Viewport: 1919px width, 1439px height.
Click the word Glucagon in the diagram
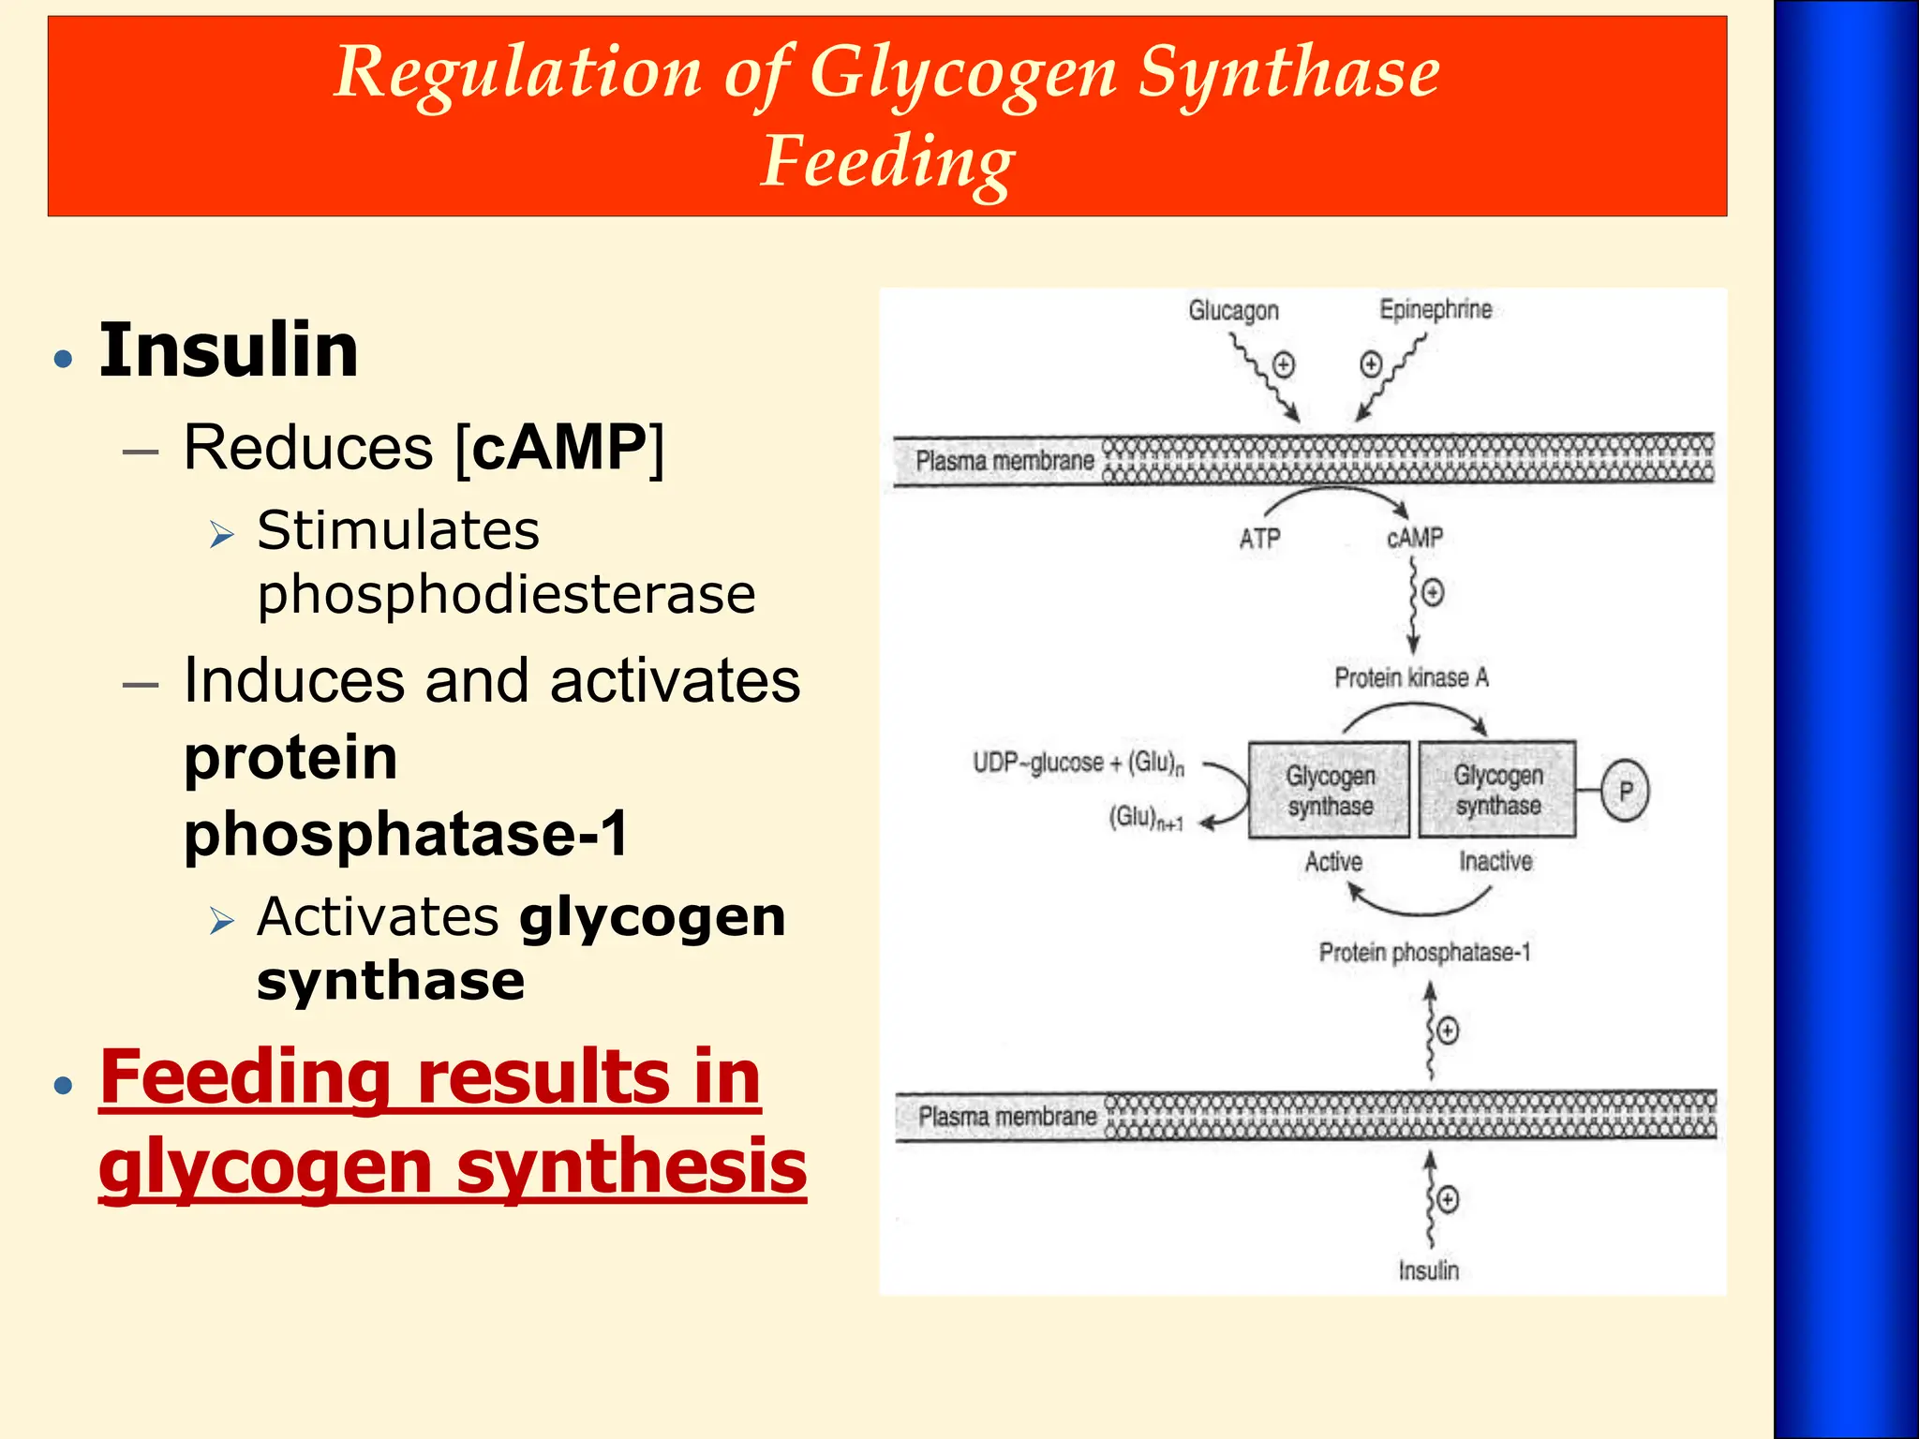point(1233,310)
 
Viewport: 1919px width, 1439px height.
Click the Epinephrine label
point(1436,309)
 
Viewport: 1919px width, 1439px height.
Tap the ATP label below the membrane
point(1259,539)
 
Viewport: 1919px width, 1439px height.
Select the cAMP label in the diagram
point(1414,538)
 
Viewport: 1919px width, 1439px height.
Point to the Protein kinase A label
point(1411,677)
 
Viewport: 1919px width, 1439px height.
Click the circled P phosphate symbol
point(1625,791)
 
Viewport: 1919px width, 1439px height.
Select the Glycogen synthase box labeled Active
point(1330,790)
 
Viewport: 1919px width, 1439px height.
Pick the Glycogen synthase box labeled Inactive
point(1497,790)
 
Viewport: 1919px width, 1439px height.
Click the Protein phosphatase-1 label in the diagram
point(1424,953)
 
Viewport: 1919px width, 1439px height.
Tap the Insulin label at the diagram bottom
point(1428,1270)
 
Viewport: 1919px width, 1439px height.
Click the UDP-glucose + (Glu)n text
point(1078,763)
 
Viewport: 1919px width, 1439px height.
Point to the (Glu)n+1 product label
point(1146,818)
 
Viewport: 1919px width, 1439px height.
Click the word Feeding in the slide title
point(886,161)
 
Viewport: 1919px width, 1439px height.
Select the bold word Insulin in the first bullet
point(229,349)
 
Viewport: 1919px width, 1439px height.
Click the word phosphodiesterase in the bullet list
point(506,594)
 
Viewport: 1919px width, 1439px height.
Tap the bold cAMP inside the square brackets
point(559,447)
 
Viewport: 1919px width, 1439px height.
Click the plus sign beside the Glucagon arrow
point(1283,364)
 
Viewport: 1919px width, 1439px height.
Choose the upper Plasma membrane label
point(1004,461)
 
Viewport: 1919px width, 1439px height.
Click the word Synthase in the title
point(1288,72)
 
